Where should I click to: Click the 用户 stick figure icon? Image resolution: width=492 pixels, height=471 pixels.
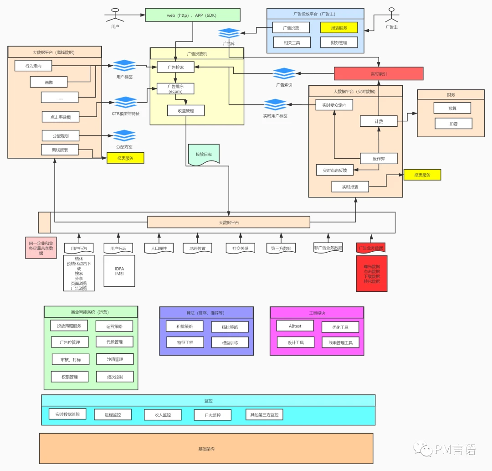tap(115, 15)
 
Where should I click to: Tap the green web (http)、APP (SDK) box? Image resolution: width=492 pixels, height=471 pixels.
tap(192, 15)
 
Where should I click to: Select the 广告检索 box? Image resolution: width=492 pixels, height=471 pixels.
tap(175, 67)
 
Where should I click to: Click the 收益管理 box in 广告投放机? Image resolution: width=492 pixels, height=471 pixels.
tap(185, 110)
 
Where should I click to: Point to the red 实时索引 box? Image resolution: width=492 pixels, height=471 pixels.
tap(378, 73)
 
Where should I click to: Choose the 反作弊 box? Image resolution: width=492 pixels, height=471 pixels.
tap(379, 159)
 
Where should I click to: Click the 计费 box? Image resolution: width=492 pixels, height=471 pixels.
tap(379, 121)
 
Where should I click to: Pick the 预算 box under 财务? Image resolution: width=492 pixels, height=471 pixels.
tap(452, 108)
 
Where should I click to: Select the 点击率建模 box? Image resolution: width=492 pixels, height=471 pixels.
tap(60, 117)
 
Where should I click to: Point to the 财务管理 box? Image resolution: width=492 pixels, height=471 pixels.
tap(338, 42)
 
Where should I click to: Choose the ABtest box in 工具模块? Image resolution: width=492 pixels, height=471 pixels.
tap(295, 326)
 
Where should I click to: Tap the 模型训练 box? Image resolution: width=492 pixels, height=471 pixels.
tap(230, 342)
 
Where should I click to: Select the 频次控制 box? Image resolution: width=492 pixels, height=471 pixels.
tap(114, 377)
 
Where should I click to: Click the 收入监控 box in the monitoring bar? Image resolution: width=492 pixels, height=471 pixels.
tap(163, 415)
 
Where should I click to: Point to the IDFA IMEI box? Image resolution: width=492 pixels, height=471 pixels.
tap(119, 271)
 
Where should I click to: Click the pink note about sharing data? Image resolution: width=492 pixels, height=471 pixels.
tap(41, 248)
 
